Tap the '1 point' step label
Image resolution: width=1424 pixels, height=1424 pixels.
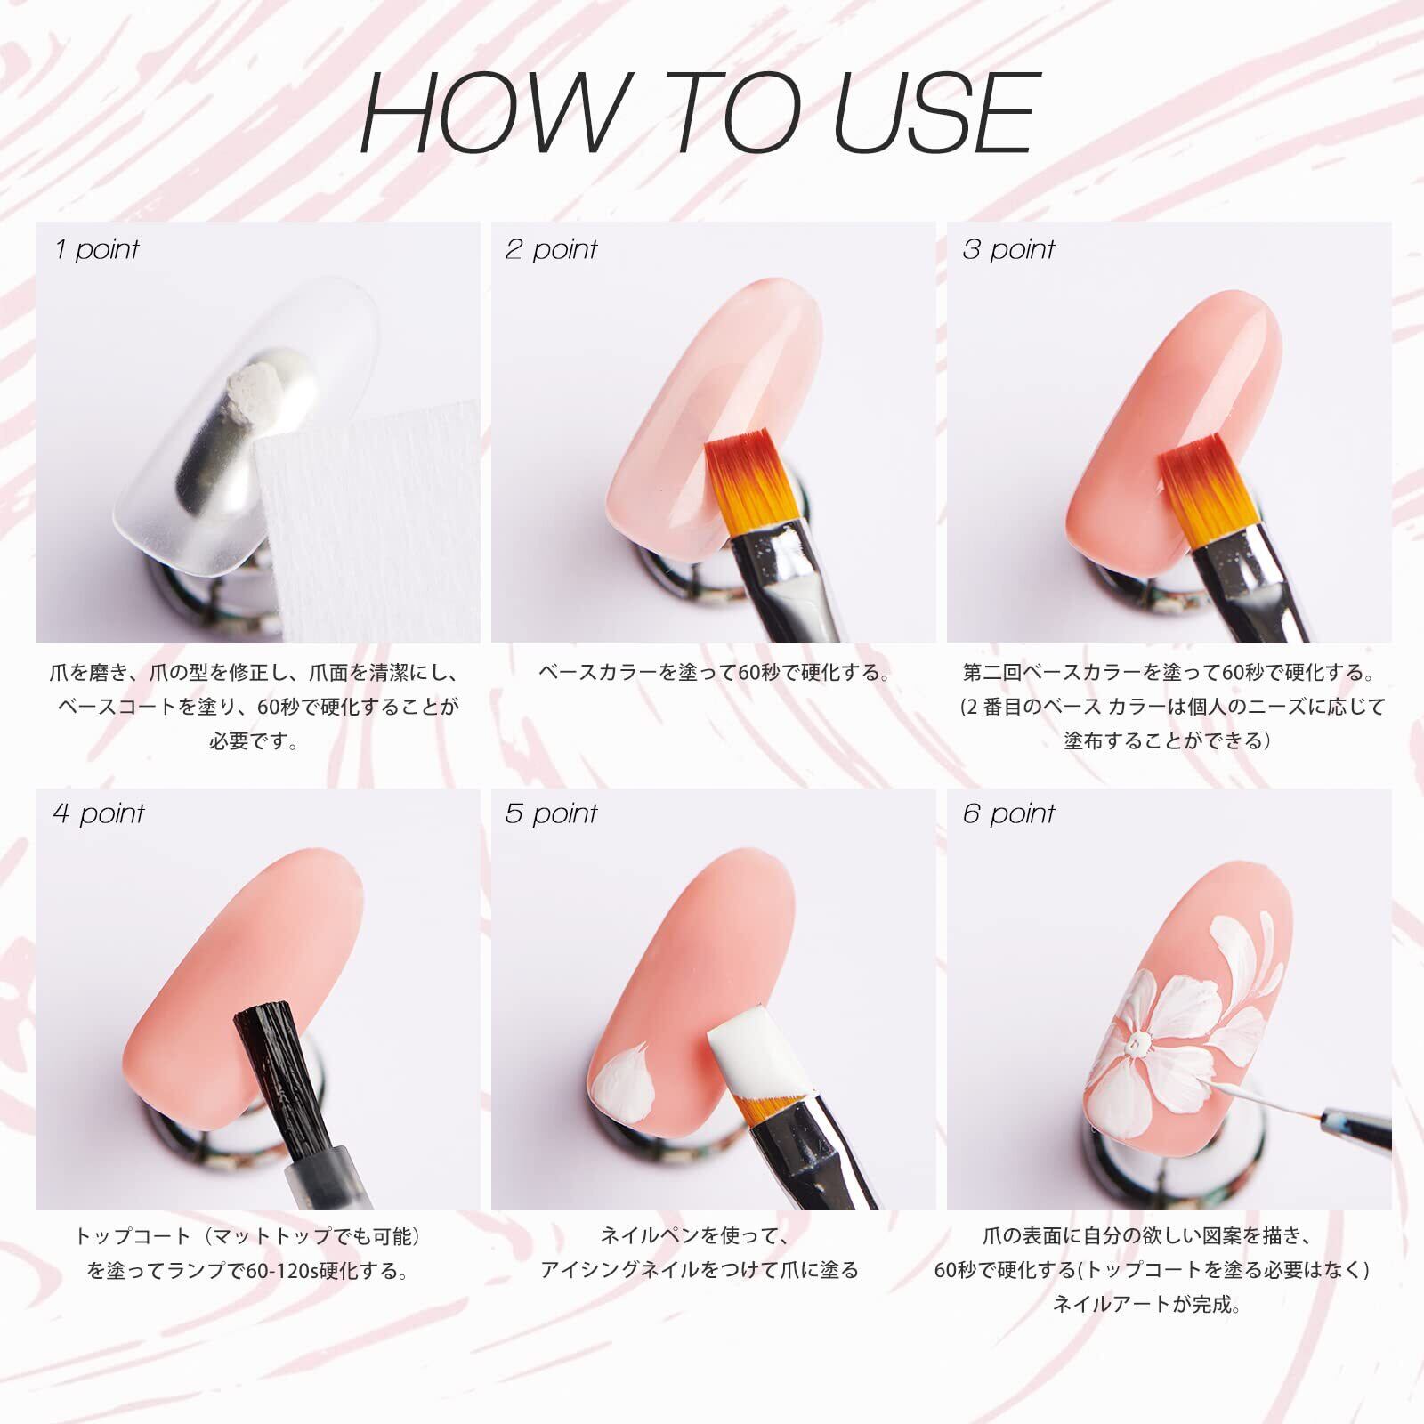click(96, 249)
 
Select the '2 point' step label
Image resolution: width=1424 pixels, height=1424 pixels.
click(551, 249)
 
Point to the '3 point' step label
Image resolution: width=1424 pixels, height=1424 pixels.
click(1007, 249)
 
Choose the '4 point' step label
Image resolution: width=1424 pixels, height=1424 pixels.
click(98, 813)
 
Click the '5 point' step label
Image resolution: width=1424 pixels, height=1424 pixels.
click(551, 813)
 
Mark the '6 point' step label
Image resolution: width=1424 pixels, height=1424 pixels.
click(1008, 813)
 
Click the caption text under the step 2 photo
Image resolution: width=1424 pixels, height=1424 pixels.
click(714, 672)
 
